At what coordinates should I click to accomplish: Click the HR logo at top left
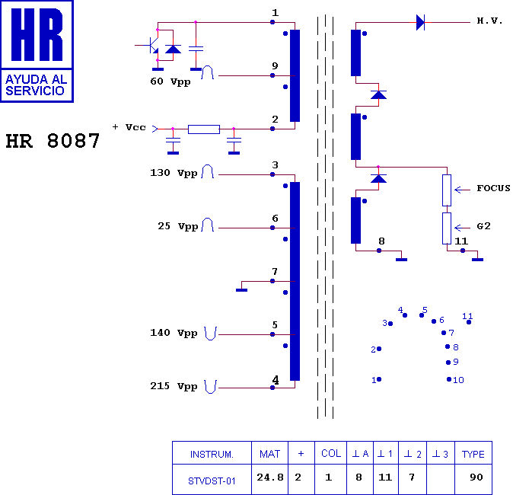click(37, 50)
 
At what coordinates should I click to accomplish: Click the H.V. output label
click(489, 21)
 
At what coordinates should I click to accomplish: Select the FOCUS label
click(493, 188)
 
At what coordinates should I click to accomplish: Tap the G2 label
click(484, 226)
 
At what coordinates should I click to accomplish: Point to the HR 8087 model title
click(53, 141)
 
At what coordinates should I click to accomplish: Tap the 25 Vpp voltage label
click(177, 227)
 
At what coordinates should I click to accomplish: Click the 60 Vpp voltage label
click(170, 80)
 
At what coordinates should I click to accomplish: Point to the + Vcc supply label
click(129, 127)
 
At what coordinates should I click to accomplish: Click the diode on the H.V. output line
click(420, 22)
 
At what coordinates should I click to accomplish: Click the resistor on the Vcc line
click(203, 129)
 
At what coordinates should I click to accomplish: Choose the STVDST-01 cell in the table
click(212, 481)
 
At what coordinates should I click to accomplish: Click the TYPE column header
click(473, 454)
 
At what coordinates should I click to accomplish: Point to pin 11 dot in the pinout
click(469, 322)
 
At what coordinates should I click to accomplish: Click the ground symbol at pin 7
click(242, 289)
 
